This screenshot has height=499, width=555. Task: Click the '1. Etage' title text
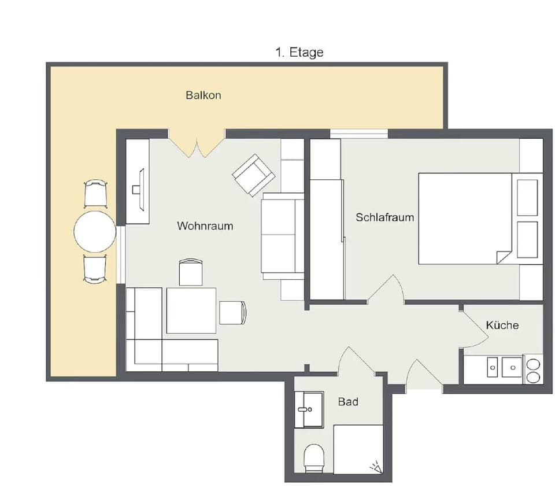299,53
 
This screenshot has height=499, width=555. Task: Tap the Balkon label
203,95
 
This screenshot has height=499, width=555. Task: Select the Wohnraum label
205,226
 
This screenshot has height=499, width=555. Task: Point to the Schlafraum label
384,217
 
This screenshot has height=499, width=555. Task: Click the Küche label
502,325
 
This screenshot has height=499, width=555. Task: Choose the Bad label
347,401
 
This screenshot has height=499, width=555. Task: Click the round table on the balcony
95,232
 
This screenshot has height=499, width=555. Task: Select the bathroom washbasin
309,409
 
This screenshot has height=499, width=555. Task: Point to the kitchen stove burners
533,370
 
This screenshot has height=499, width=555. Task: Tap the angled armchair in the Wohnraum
253,175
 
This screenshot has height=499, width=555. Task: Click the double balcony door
197,145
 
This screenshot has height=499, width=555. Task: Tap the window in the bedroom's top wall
358,134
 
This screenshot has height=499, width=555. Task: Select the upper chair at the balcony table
95,194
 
